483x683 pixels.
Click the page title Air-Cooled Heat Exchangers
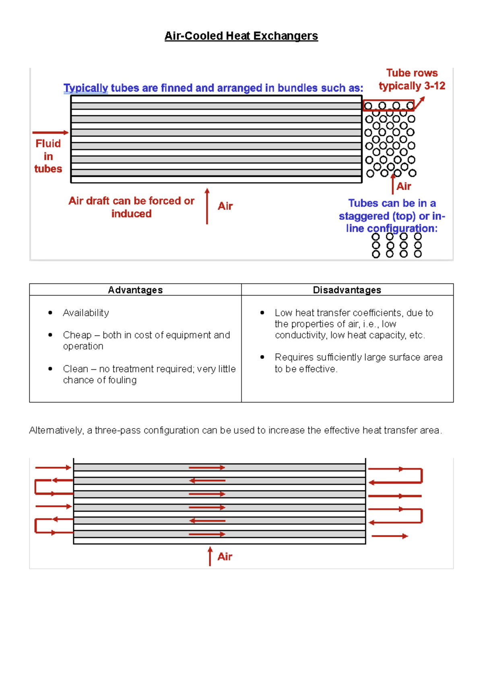(241, 36)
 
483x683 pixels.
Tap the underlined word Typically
(86, 88)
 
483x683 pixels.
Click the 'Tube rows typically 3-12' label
(412, 79)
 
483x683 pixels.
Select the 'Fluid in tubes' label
(48, 156)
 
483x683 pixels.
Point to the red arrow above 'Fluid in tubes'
(50, 132)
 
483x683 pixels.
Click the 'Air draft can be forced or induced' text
(131, 207)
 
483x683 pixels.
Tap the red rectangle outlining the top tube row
(388, 106)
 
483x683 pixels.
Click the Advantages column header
(135, 290)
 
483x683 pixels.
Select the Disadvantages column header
(347, 290)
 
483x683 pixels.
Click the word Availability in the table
(86, 313)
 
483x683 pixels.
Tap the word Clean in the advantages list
(76, 369)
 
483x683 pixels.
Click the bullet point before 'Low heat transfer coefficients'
(262, 313)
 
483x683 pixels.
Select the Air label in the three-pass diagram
(225, 557)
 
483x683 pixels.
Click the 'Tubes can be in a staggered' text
(392, 209)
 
